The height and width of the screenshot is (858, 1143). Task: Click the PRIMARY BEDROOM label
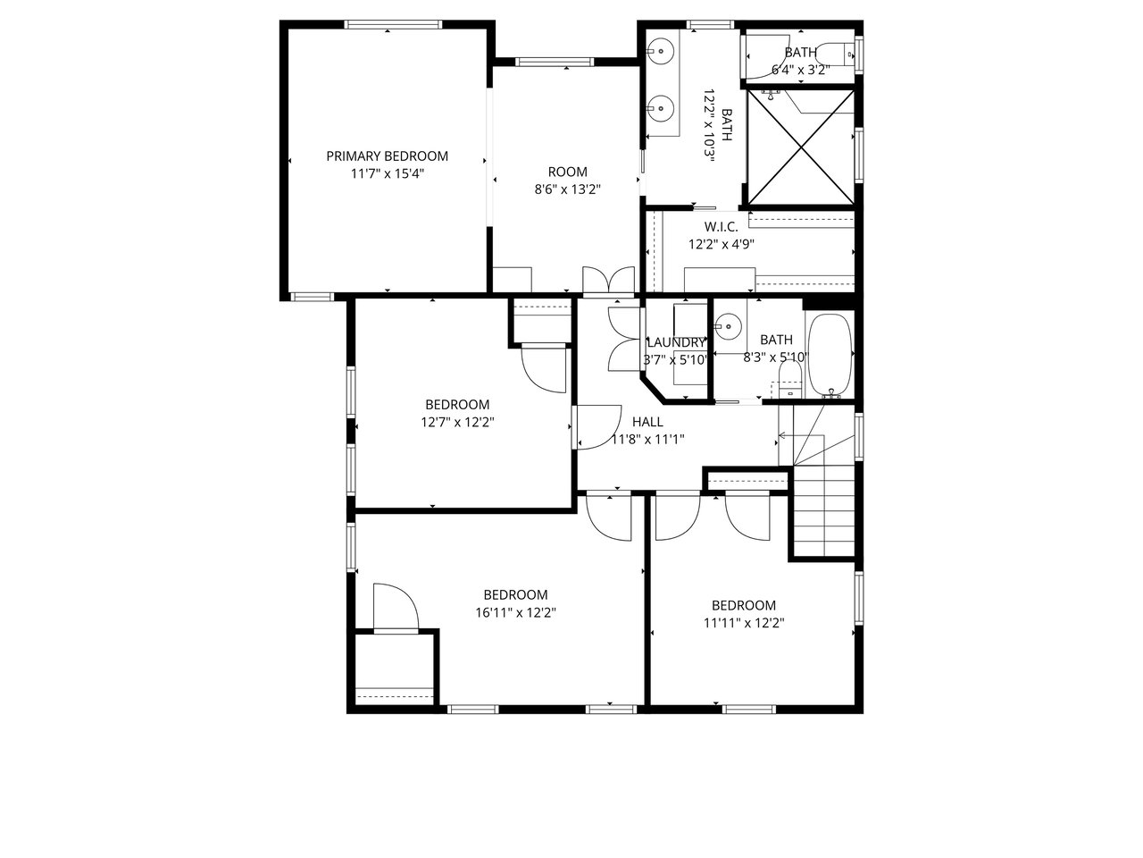point(387,156)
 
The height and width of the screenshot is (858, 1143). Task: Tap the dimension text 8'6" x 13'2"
point(568,189)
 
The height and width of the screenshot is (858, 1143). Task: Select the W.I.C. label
point(722,227)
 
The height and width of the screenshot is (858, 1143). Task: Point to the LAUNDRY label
point(676,342)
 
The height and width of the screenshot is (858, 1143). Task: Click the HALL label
point(647,422)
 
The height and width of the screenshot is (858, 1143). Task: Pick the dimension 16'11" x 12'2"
point(515,612)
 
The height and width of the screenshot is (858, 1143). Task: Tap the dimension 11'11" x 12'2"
point(744,623)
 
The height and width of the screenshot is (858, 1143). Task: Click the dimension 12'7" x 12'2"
point(457,422)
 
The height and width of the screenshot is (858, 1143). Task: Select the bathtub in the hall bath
point(830,357)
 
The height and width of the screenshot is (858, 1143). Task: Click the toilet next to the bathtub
point(790,379)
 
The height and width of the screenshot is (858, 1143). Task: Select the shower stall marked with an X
point(801,147)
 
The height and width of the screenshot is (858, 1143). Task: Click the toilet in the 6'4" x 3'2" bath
point(835,55)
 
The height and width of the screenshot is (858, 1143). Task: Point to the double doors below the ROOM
point(609,281)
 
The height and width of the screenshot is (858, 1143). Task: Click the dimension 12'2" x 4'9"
point(722,244)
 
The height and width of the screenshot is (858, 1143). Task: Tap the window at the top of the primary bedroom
point(393,24)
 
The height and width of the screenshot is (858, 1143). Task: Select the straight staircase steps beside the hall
point(824,511)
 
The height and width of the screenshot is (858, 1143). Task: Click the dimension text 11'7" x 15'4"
point(387,174)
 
